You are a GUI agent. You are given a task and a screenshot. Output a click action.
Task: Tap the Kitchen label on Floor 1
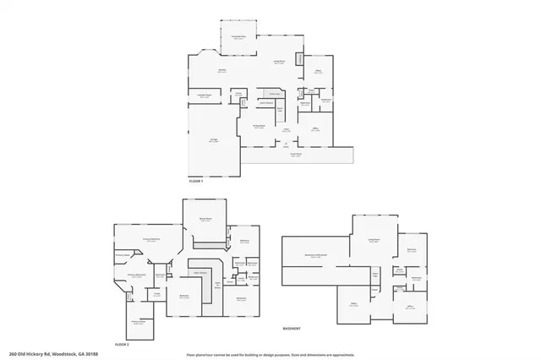221,71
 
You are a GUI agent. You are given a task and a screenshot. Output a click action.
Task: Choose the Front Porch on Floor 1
297,155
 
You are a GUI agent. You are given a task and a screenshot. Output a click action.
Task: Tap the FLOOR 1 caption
196,181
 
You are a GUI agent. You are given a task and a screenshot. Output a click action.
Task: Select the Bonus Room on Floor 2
205,220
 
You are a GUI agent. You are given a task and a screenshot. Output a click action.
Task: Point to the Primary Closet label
123,254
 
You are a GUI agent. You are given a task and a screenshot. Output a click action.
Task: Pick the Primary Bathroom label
137,275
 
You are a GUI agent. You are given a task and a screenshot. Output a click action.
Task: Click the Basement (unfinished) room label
316,255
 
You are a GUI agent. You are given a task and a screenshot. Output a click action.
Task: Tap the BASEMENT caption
292,328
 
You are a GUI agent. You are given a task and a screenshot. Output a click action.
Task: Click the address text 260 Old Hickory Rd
41,354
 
